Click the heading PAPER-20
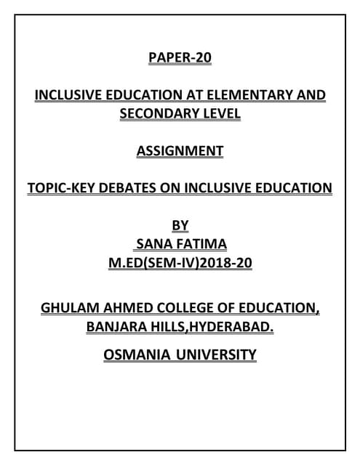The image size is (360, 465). pyautogui.click(x=180, y=57)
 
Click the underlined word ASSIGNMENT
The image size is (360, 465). pyautogui.click(x=180, y=152)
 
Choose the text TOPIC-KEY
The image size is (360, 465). pyautogui.click(x=61, y=189)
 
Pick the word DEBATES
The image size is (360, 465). pyautogui.click(x=130, y=189)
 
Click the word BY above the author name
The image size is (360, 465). pyautogui.click(x=180, y=226)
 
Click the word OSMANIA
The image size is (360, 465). pyautogui.click(x=137, y=355)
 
